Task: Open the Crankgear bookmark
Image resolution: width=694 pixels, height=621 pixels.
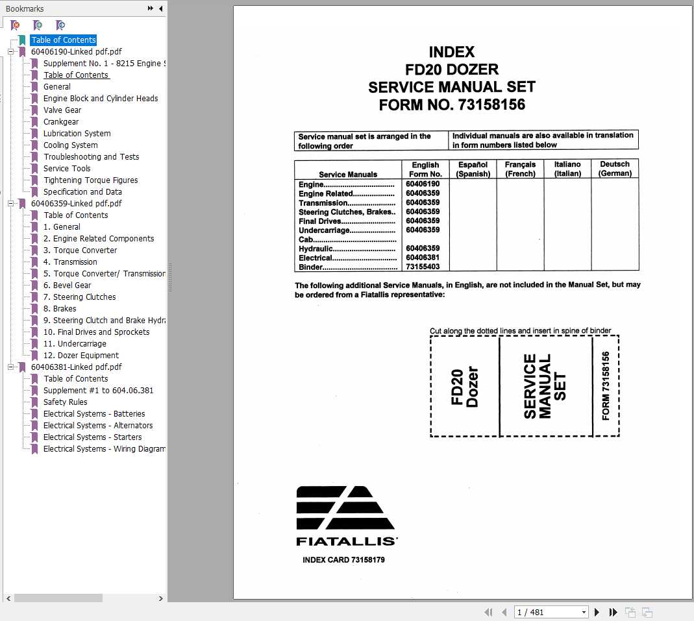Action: pos(61,122)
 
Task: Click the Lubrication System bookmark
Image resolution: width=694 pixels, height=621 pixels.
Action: pos(77,134)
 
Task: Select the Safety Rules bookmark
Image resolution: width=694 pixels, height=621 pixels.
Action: pos(65,402)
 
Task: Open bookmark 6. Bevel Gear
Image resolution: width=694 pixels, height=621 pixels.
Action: pos(67,286)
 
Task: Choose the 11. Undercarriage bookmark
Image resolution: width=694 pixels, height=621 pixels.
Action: pos(75,344)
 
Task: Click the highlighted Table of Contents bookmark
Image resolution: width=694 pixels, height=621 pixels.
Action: pos(64,40)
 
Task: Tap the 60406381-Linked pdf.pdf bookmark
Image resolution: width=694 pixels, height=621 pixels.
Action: pos(76,367)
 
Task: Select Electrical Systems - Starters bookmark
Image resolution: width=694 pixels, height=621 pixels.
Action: pos(92,437)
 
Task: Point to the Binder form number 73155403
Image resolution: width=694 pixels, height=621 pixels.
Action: pos(423,267)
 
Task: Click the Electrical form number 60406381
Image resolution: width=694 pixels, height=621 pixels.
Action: pos(423,258)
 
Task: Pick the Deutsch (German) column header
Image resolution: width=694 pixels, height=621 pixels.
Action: pos(615,169)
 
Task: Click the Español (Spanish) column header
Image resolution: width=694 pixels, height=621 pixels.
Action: pos(473,169)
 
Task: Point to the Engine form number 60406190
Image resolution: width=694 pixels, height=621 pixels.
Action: pos(423,184)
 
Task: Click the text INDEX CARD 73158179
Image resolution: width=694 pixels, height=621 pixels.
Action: pos(343,560)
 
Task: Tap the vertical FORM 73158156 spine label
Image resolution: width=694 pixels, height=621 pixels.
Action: pos(606,386)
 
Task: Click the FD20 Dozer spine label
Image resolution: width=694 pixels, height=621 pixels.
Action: pos(464,387)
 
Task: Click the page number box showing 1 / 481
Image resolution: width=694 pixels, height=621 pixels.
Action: pos(551,612)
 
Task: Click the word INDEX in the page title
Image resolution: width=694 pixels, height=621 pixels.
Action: pos(452,53)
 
